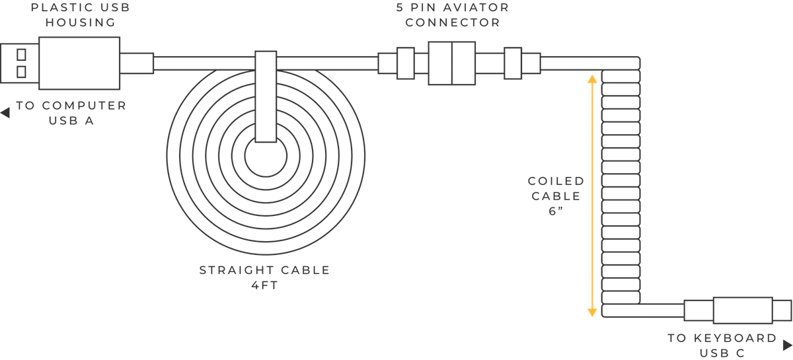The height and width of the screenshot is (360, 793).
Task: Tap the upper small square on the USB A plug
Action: point(21,55)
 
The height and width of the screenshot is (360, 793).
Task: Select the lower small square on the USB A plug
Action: point(21,72)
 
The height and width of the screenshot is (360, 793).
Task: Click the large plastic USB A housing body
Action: point(79,63)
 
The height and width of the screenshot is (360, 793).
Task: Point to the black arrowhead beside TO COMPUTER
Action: point(5,113)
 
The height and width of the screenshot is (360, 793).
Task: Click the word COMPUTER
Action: point(85,106)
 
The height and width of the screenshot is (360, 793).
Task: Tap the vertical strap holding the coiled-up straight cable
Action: point(266,96)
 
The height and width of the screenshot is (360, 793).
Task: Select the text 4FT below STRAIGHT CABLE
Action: point(265,285)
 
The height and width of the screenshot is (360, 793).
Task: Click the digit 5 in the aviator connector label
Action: point(400,7)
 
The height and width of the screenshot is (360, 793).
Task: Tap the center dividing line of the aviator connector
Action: point(452,63)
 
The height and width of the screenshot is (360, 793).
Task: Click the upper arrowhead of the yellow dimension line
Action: point(592,79)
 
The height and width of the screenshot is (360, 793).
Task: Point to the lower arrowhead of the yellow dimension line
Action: point(592,312)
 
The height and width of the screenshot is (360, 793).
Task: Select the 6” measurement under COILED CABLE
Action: point(556,211)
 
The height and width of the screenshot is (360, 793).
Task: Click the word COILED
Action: point(556,181)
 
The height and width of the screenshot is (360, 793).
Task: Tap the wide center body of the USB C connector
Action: point(743,310)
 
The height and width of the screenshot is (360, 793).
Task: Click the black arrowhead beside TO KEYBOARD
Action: point(787,345)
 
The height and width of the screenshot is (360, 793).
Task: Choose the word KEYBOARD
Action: point(735,338)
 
